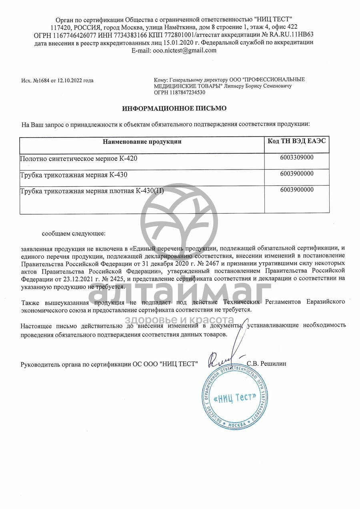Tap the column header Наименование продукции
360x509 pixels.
[x=142, y=141]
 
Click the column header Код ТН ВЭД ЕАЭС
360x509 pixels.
[x=297, y=141]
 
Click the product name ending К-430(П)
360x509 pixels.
[x=92, y=191]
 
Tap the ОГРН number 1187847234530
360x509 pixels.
[x=188, y=92]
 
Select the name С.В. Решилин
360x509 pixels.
[x=267, y=364]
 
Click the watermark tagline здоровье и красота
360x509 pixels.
[x=180, y=320]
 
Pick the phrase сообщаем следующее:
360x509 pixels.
[x=74, y=232]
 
